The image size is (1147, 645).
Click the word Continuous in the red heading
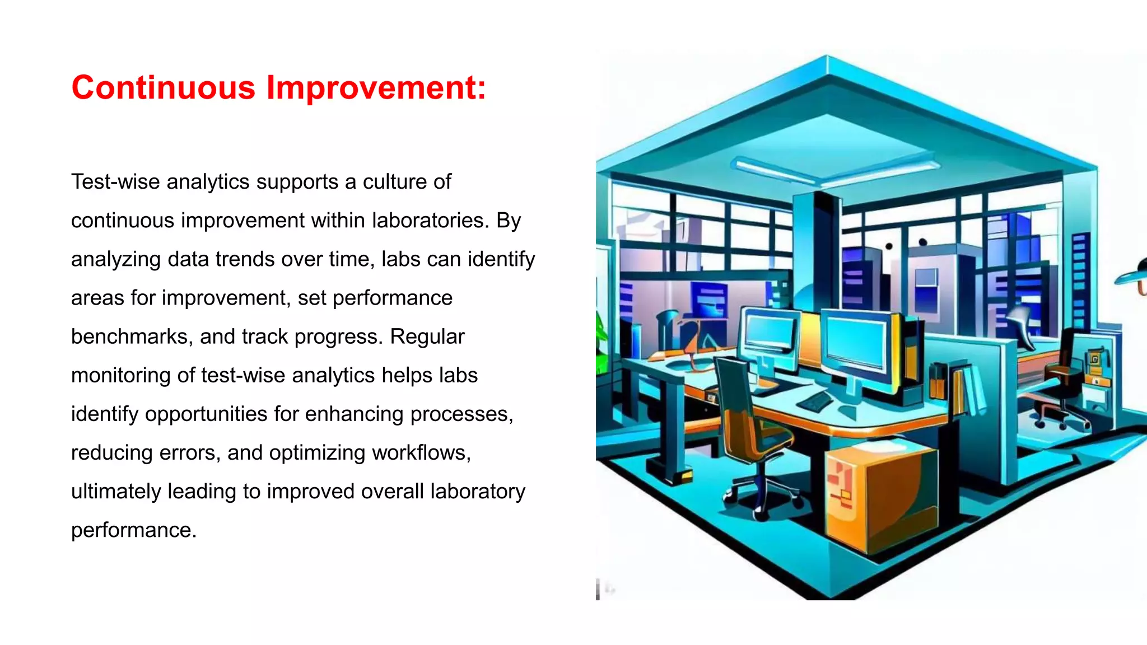163,88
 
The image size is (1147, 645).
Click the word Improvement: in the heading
376,88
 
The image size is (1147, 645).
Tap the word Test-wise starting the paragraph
115,182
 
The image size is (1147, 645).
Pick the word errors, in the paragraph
190,452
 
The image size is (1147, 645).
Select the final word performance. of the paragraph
134,530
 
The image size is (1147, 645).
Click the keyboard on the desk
815,401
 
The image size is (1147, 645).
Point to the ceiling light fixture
834,170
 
